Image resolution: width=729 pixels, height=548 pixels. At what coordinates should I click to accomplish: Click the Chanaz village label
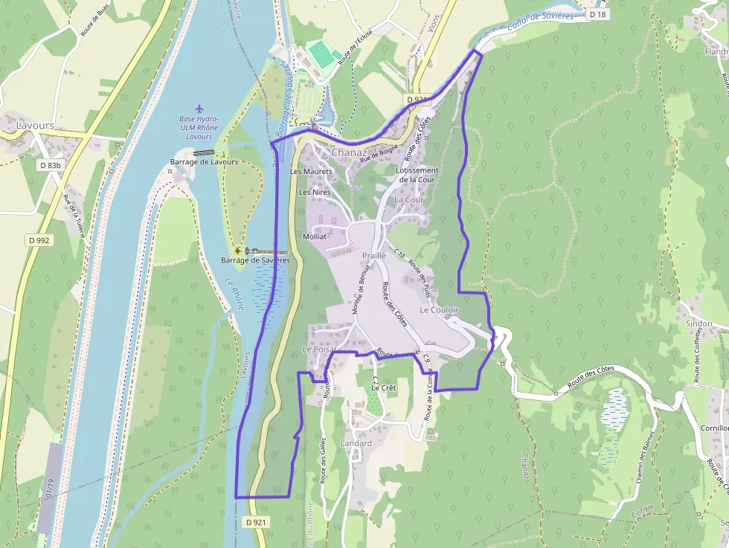(350, 152)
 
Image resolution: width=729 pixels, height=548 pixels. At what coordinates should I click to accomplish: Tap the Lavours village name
(35, 126)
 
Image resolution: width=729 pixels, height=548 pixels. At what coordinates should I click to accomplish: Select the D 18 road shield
(597, 14)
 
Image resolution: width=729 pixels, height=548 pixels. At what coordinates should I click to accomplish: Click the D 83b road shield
(51, 165)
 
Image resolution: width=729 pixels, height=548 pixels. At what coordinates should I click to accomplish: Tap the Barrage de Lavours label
(204, 161)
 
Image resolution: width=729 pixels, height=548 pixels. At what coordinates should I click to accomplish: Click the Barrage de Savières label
(255, 261)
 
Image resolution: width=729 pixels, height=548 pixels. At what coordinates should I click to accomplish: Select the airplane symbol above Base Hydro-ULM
(199, 109)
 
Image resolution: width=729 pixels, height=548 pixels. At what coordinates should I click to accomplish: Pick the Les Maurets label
(311, 172)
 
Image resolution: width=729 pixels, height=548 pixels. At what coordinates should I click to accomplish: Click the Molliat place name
(315, 236)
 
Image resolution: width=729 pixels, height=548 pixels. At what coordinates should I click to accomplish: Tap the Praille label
(373, 255)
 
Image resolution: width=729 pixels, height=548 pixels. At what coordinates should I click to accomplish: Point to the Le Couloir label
(439, 309)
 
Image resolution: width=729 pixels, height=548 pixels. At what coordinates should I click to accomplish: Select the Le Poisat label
(320, 349)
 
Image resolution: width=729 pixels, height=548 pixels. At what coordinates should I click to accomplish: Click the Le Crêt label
(384, 388)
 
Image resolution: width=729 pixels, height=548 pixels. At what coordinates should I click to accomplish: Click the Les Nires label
(314, 192)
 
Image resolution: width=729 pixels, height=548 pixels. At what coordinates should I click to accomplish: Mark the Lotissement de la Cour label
(417, 175)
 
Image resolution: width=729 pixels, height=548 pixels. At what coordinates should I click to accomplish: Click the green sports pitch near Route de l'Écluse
(321, 53)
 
